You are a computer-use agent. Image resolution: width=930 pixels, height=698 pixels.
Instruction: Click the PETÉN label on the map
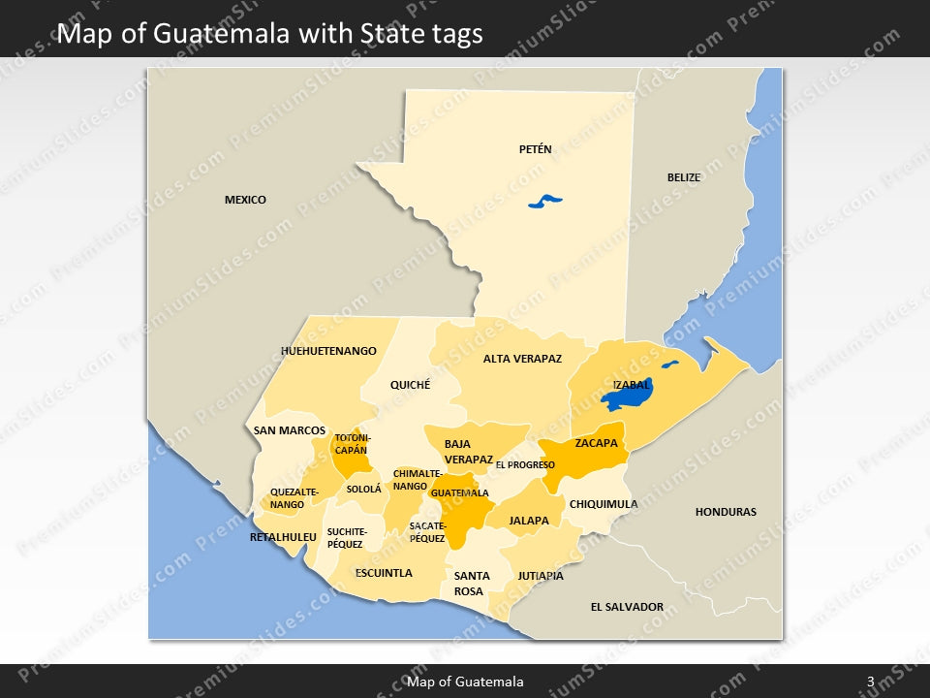coord(535,149)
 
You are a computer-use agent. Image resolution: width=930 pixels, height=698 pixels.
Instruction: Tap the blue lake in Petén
coord(544,202)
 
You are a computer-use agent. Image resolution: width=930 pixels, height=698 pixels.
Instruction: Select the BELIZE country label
coord(683,177)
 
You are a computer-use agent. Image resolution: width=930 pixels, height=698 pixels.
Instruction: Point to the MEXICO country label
coord(245,200)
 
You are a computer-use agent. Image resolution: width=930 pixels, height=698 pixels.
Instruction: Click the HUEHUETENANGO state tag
coord(328,351)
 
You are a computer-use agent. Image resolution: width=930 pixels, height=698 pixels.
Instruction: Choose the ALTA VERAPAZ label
coord(522,359)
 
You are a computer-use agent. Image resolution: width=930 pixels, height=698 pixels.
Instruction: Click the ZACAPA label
coord(596,443)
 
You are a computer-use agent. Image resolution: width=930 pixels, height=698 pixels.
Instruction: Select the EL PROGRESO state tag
coord(525,465)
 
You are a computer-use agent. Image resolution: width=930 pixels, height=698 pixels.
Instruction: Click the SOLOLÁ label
coord(364,490)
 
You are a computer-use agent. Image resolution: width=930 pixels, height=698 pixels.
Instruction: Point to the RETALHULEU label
coord(283,537)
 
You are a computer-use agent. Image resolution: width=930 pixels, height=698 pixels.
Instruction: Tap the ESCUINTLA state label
coord(384,573)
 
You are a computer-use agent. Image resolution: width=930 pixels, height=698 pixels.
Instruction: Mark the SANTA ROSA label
coord(471,584)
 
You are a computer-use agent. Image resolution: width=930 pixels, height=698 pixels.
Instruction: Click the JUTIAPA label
coord(541,576)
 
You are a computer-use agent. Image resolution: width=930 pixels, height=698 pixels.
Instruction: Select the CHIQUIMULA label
coord(604,504)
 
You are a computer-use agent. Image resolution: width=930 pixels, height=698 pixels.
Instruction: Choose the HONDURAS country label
coord(726,512)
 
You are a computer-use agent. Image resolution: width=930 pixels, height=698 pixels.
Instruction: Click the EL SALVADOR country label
coord(627,607)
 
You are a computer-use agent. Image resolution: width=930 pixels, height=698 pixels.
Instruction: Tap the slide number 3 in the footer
coord(870,682)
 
